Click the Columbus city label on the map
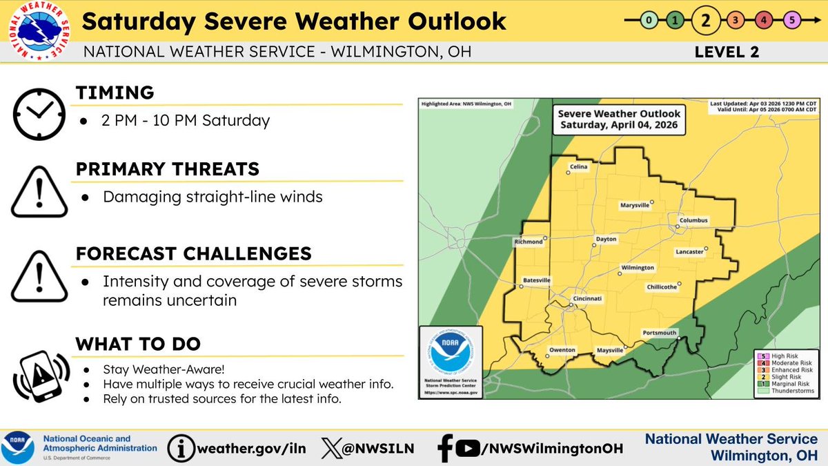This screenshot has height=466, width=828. (693, 221)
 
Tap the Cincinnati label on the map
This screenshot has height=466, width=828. (588, 298)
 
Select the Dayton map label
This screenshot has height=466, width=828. (605, 239)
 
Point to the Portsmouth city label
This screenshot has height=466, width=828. (659, 332)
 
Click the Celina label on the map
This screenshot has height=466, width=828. (578, 167)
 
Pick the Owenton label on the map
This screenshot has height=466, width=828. (562, 350)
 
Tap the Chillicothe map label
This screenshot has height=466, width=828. (662, 287)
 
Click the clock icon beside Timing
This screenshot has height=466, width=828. (40, 113)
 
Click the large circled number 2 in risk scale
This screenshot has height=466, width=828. (704, 20)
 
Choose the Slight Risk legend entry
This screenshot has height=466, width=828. (787, 376)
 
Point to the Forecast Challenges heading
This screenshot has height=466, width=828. (193, 253)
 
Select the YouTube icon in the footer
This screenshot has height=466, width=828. (468, 448)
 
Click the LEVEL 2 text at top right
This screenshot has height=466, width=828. (726, 52)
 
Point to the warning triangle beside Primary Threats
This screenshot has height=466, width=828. (40, 191)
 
